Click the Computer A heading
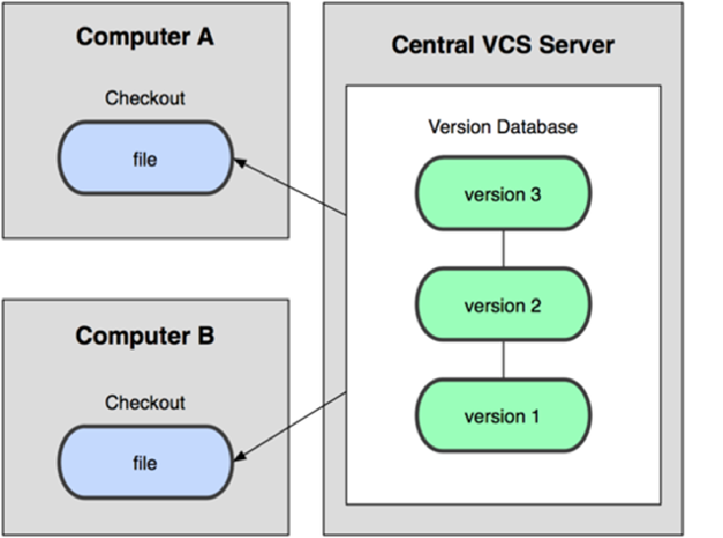coord(145,37)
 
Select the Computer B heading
coord(145,336)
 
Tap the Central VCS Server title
coord(502,45)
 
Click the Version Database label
coord(502,128)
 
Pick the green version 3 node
coord(503,194)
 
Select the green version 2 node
coord(503,304)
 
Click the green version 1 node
coord(503,415)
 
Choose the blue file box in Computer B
coord(145,462)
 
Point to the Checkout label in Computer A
coord(145,99)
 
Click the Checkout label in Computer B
coord(145,403)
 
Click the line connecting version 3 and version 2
coord(503,249)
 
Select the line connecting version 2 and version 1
coord(503,360)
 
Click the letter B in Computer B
coord(203,336)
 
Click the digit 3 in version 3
coord(535,194)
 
